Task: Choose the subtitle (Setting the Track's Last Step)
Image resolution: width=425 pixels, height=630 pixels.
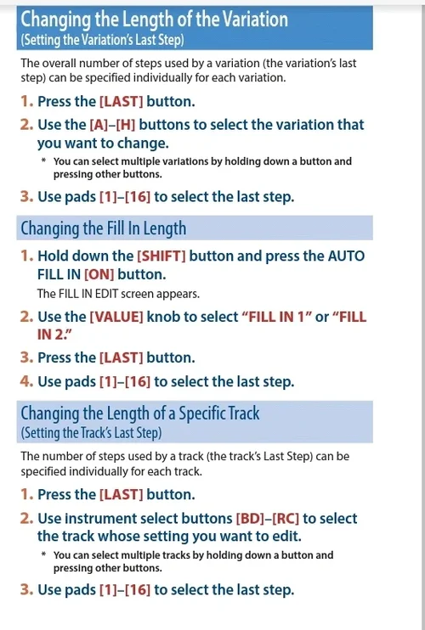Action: pyautogui.click(x=90, y=433)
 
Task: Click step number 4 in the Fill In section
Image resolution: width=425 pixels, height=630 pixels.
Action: pyautogui.click(x=25, y=382)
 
